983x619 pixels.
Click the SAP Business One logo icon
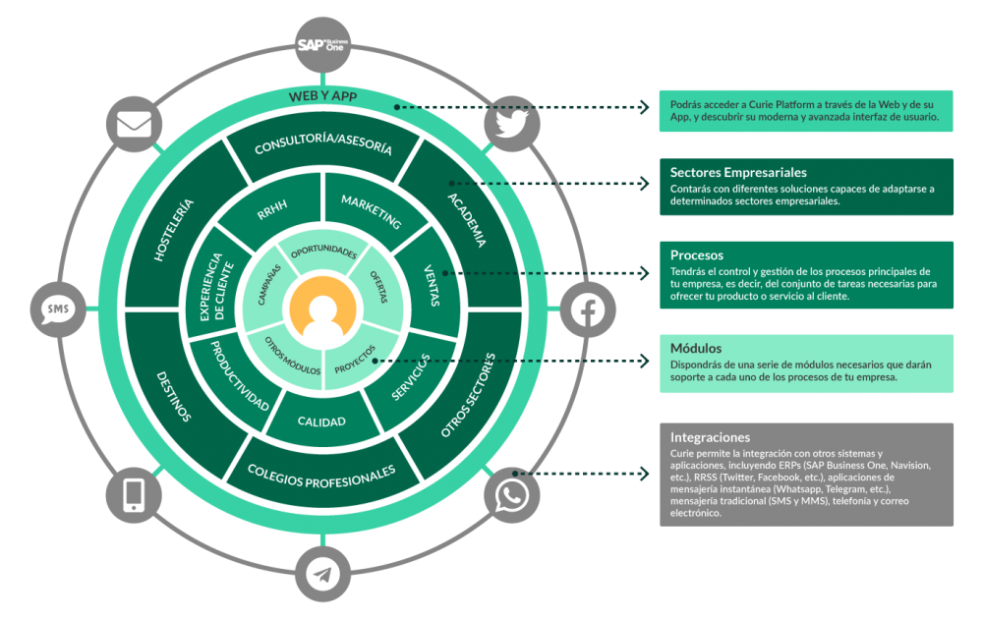[x=322, y=45]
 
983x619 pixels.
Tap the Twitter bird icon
[x=512, y=123]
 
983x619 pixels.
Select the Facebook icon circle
[x=587, y=309]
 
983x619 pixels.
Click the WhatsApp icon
[x=511, y=494]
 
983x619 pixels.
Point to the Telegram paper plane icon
[x=322, y=574]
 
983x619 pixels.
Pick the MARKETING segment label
[x=371, y=209]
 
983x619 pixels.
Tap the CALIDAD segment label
[x=321, y=422]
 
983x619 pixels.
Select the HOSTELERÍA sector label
[x=174, y=230]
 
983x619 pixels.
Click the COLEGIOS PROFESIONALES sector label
[x=321, y=476]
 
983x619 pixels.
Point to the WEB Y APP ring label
[x=322, y=96]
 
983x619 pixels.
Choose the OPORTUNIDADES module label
[x=322, y=253]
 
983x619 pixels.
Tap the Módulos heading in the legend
[x=696, y=348]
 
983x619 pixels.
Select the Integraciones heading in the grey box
[x=710, y=437]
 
